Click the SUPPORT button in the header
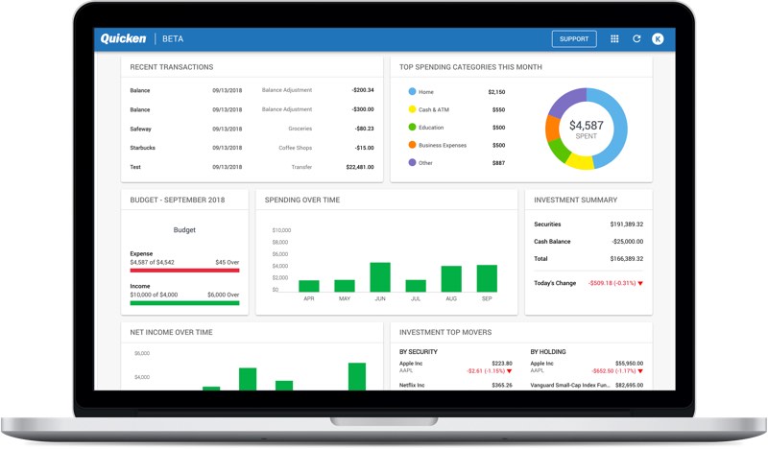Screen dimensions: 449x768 coord(574,39)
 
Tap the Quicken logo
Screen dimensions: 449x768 coord(123,39)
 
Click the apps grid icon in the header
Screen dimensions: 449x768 coord(614,39)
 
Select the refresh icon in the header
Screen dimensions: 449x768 coord(636,39)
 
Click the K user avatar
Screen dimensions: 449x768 coord(658,39)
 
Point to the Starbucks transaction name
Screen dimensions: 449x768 coord(145,148)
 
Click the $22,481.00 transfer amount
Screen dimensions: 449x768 coord(359,167)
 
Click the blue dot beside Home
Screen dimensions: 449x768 coord(413,92)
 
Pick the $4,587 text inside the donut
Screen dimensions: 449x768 coord(587,125)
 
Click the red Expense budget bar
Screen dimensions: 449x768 coord(184,270)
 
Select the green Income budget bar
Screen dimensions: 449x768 coord(184,303)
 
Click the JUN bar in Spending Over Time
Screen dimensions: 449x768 coord(380,276)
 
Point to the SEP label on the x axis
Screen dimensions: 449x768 coord(487,298)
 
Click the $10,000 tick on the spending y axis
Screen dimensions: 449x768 coord(281,231)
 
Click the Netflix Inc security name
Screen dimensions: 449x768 coord(414,385)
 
